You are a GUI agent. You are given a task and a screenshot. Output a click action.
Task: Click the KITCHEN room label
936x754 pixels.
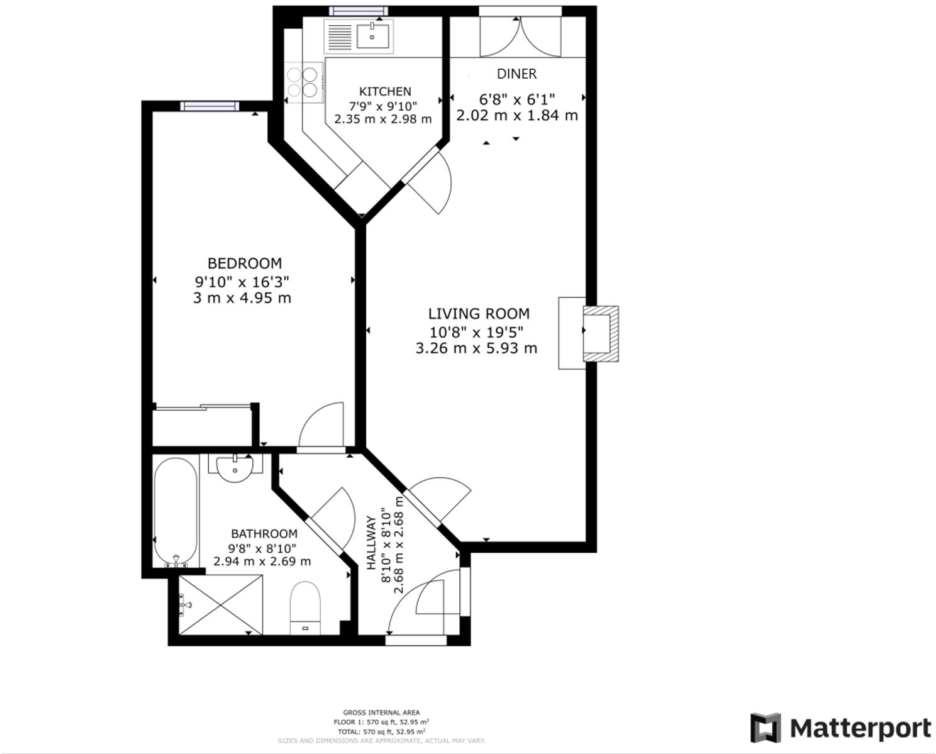point(385,92)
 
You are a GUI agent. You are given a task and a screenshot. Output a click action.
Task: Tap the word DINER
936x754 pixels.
point(516,74)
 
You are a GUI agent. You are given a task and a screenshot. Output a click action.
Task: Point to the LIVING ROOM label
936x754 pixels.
point(479,314)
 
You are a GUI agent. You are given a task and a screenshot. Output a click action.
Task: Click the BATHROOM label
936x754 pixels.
point(264,534)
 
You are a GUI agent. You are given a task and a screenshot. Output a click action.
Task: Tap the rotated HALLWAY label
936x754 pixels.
point(371,543)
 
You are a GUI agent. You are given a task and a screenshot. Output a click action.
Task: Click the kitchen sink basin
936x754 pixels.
point(372,36)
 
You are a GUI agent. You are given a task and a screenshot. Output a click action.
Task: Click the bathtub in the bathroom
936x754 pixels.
point(176,511)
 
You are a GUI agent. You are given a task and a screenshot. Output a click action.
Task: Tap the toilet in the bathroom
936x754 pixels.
point(306,607)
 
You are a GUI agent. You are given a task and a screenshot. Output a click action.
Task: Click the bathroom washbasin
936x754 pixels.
point(235,468)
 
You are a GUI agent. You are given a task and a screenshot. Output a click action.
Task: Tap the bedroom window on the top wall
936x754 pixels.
point(209,106)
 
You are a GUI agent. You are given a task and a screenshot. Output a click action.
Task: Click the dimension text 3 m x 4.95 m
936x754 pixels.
point(242,298)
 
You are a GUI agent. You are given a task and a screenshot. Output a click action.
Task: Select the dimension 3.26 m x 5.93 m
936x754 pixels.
point(476,348)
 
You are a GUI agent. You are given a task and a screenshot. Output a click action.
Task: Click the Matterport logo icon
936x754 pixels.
point(766,728)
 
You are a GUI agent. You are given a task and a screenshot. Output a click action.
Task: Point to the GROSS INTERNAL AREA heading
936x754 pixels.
point(381,712)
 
